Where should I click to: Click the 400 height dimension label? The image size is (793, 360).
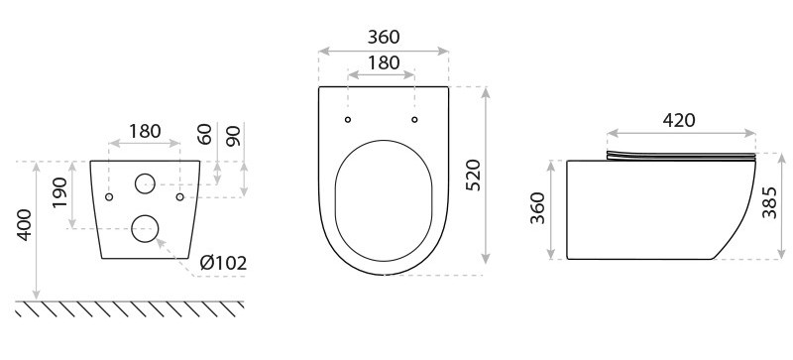(26, 225)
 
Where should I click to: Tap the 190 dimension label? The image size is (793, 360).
(59, 192)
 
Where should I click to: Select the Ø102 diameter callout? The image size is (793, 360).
(223, 263)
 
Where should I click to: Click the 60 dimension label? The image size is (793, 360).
(204, 134)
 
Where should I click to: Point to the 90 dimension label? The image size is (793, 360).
(233, 136)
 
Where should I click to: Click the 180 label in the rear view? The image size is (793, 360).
(145, 131)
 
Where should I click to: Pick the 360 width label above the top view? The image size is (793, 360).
(384, 37)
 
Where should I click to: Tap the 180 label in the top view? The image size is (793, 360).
(384, 62)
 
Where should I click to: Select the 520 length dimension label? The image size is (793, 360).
(473, 175)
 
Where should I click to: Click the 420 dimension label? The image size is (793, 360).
(679, 120)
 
